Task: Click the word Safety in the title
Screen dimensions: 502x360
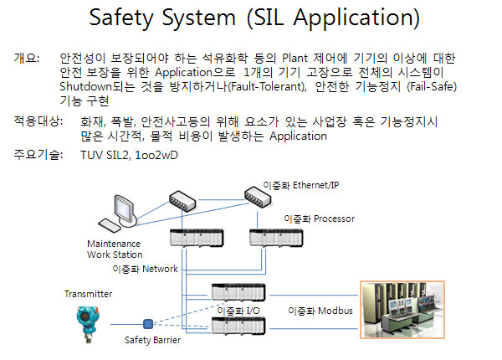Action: (121, 18)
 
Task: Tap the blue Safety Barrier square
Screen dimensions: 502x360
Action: (147, 324)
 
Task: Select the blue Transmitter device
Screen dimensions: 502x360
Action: (88, 324)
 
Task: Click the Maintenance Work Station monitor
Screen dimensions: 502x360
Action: (125, 211)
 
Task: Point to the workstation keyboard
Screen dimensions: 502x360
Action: (109, 225)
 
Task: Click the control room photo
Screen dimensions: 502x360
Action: (402, 310)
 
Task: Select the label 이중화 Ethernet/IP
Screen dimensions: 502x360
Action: (301, 185)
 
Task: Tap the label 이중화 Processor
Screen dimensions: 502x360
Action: (320, 219)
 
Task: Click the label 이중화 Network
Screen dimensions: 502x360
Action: (145, 269)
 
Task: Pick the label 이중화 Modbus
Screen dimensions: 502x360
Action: (320, 311)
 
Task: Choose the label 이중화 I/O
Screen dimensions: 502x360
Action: (238, 311)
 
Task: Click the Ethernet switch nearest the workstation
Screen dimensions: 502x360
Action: (182, 201)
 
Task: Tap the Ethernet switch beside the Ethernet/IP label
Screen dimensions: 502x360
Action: (258, 197)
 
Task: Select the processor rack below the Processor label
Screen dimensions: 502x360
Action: (276, 238)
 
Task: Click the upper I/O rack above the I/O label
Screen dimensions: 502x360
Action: (238, 292)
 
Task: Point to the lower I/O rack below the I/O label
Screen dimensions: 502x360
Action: (238, 326)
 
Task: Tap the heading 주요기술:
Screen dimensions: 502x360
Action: (38, 155)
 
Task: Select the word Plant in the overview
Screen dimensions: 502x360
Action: (295, 59)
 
